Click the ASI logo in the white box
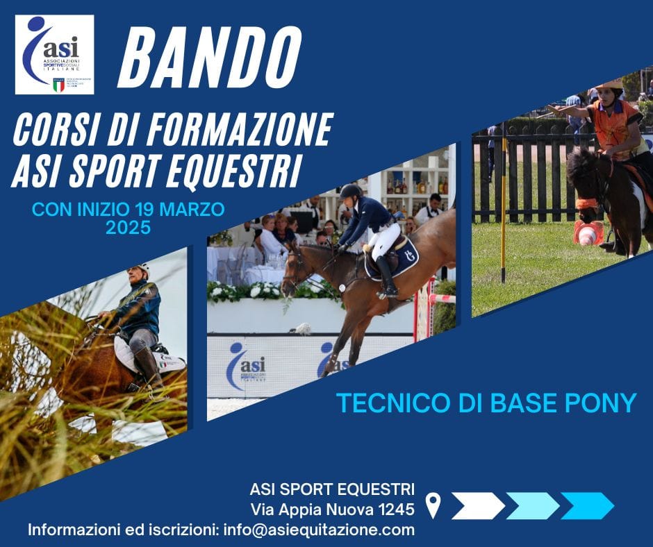[x=54, y=54]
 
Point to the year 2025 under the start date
[x=128, y=227]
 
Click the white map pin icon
[x=433, y=505]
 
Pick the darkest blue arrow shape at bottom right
[x=587, y=506]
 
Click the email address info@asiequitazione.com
[x=318, y=530]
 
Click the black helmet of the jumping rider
[x=351, y=190]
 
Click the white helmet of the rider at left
[x=141, y=269]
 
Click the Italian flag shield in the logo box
[x=58, y=85]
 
